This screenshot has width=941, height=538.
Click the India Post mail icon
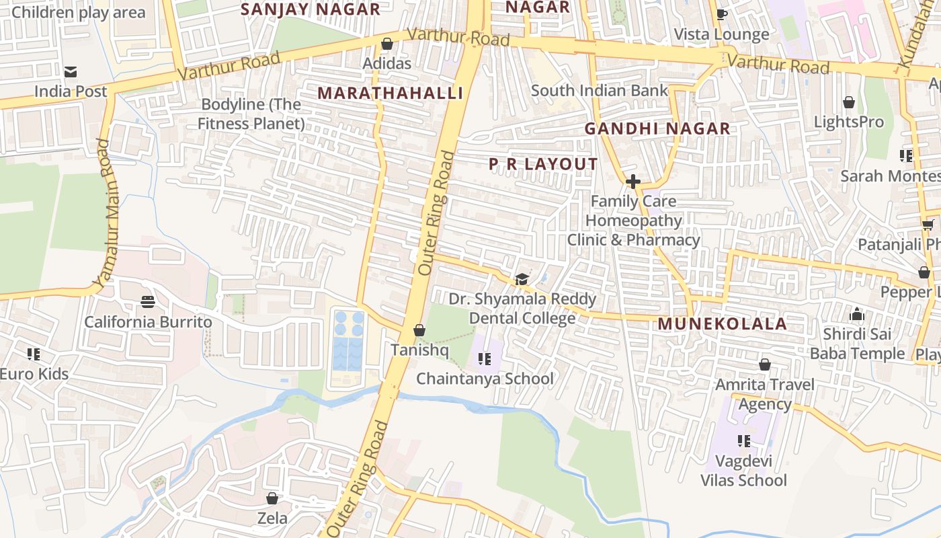tap(71, 72)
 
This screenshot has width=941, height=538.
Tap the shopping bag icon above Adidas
tap(386, 44)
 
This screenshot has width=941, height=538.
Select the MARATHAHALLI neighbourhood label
tap(391, 93)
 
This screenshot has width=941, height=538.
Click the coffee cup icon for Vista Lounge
tap(722, 15)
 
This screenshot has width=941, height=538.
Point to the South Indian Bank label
tap(600, 90)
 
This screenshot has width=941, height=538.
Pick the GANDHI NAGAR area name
tap(657, 128)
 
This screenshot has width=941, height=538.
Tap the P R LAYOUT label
tap(542, 164)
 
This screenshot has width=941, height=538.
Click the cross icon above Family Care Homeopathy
tap(632, 182)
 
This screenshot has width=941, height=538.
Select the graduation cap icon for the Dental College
tap(522, 279)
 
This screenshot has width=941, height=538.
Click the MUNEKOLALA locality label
tap(722, 323)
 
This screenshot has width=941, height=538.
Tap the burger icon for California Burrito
tap(148, 303)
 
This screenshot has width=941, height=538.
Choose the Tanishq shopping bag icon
tap(419, 331)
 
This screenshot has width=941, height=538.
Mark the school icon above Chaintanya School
tap(485, 359)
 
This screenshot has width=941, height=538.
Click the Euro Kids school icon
tap(34, 354)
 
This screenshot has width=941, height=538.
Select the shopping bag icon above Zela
tap(272, 499)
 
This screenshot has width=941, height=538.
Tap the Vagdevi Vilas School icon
tap(743, 441)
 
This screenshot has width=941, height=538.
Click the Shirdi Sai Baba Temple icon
tap(856, 315)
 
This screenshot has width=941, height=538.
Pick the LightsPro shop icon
tap(849, 102)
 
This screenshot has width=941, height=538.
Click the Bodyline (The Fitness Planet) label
tap(251, 114)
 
